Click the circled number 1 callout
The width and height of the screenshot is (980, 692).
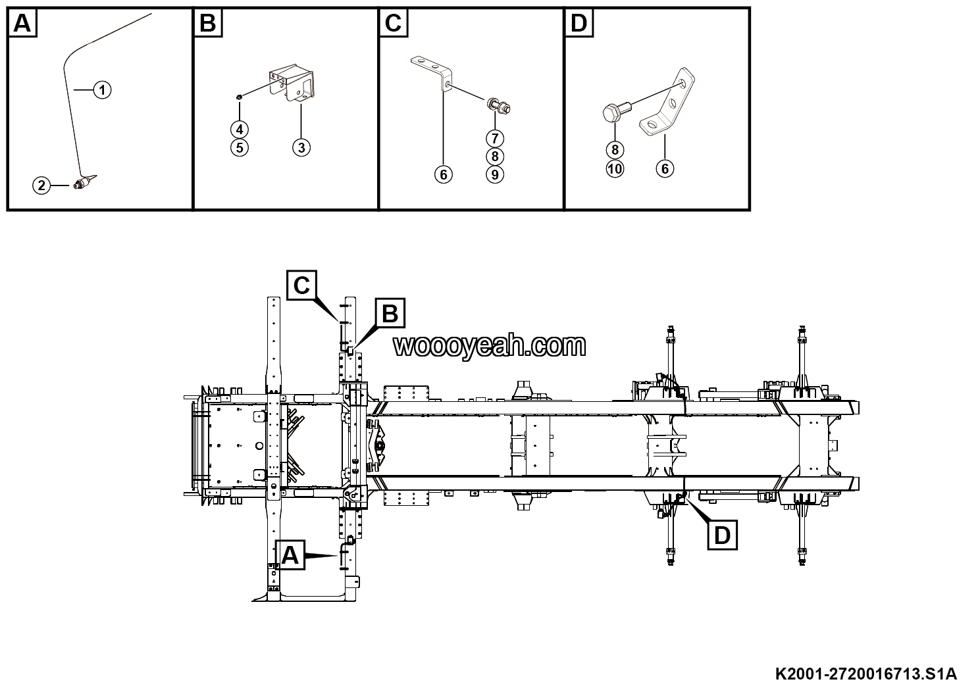[103, 90]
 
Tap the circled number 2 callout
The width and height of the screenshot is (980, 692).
[41, 185]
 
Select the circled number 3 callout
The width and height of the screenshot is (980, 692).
[301, 148]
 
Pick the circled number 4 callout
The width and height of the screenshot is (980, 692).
[240, 130]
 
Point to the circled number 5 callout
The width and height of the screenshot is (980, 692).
[240, 148]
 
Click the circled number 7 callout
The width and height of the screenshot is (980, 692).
[495, 138]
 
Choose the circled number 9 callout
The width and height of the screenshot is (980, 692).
[495, 175]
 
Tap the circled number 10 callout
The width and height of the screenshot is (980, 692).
[615, 169]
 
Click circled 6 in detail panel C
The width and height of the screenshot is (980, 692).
[443, 175]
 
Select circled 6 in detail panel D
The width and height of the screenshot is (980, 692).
[665, 169]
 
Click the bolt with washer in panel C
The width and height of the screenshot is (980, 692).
[498, 105]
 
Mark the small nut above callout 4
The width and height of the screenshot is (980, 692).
[240, 97]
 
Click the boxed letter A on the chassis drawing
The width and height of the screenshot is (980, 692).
[290, 555]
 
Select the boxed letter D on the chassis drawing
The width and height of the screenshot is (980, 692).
[722, 535]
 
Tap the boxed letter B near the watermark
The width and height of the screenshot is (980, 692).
[390, 313]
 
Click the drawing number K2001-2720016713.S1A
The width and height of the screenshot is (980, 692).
[866, 674]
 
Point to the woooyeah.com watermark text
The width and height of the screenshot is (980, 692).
[490, 345]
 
